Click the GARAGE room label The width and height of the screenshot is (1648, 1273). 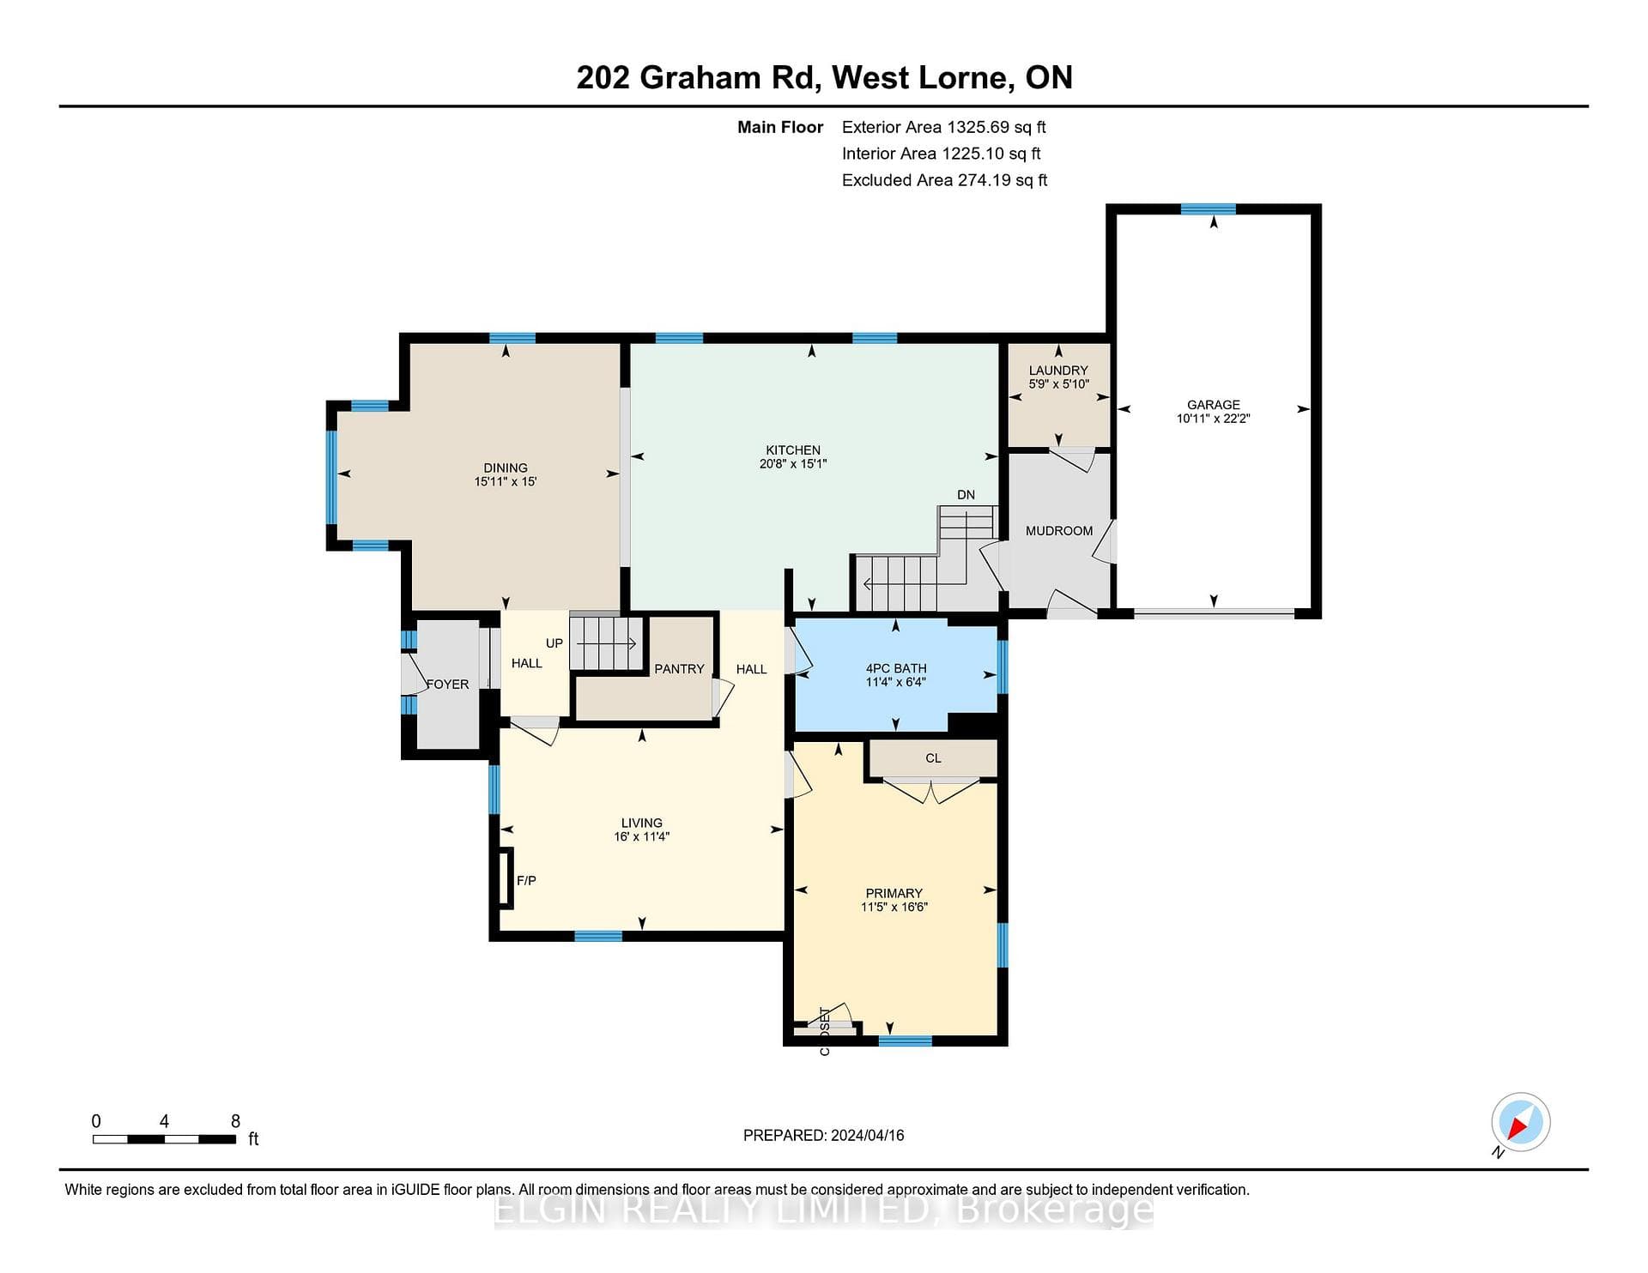pyautogui.click(x=1213, y=405)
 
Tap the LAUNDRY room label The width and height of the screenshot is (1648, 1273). pyautogui.click(x=1058, y=371)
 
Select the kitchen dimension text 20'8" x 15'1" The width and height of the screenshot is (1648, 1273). pyautogui.click(x=793, y=464)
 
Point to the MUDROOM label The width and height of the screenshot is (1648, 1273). pyautogui.click(x=1059, y=531)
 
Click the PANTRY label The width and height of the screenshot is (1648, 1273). pyautogui.click(x=679, y=669)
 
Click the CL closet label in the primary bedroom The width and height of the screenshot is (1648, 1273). pyautogui.click(x=934, y=758)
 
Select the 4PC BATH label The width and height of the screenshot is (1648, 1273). pyautogui.click(x=896, y=668)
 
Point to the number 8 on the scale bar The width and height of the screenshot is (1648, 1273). pyautogui.click(x=236, y=1121)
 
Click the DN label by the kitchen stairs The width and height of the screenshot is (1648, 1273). pyautogui.click(x=966, y=495)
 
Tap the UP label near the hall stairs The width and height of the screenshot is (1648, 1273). pyautogui.click(x=554, y=643)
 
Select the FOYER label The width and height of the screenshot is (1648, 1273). pyautogui.click(x=448, y=685)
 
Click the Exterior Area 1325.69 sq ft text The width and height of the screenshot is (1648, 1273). pyautogui.click(x=944, y=128)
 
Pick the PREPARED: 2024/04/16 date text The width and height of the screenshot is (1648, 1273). pyautogui.click(x=824, y=1136)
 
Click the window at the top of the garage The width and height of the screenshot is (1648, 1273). pyautogui.click(x=1209, y=209)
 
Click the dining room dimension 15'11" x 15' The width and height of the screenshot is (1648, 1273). pyautogui.click(x=506, y=482)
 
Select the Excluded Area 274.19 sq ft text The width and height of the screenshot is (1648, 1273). pyautogui.click(x=945, y=181)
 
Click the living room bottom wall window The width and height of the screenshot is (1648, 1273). pyautogui.click(x=598, y=936)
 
